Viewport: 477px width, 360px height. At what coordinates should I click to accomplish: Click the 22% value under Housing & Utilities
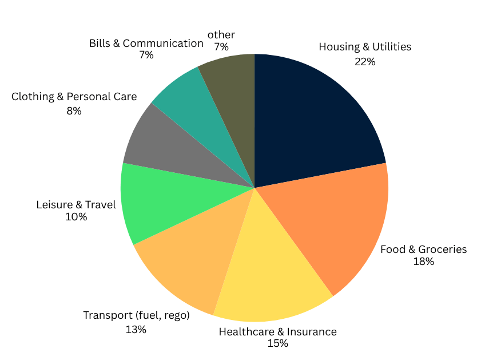click(x=365, y=61)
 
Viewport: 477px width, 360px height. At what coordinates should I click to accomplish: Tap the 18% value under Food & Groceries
click(x=424, y=262)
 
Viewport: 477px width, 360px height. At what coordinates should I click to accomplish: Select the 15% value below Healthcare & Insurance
click(x=277, y=343)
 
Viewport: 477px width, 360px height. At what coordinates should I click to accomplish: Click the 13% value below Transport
click(x=136, y=329)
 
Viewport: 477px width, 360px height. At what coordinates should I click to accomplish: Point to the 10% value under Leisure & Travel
click(x=76, y=217)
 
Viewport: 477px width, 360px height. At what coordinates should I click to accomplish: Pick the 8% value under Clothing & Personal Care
click(x=74, y=110)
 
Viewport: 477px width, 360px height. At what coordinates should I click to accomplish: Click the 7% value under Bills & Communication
click(x=146, y=55)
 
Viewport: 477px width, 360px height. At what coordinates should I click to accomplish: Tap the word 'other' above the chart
click(x=221, y=35)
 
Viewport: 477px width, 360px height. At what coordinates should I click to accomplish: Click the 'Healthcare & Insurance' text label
click(x=278, y=331)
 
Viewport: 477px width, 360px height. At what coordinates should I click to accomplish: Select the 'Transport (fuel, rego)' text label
click(x=136, y=315)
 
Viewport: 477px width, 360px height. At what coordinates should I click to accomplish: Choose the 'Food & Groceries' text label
click(x=424, y=249)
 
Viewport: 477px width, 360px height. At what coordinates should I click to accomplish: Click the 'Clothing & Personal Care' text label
click(x=74, y=96)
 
